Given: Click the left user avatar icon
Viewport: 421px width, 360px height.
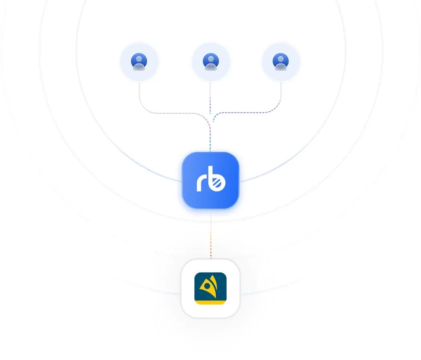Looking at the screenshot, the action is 139,61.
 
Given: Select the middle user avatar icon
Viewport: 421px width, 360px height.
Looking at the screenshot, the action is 211,61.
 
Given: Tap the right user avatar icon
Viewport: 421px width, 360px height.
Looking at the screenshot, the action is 280,61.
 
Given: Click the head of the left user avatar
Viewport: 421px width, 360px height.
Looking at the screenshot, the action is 139,59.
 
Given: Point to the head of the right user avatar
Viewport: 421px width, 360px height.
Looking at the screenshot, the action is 280,59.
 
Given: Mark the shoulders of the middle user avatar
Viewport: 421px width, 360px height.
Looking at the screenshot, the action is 211,67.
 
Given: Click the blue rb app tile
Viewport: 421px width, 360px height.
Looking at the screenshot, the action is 210,180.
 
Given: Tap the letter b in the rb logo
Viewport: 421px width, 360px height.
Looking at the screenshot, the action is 217,179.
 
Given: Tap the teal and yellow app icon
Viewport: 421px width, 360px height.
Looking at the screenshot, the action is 210,288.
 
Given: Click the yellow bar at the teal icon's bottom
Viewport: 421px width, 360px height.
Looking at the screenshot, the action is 210,303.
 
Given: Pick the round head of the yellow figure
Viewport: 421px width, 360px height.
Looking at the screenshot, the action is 207,286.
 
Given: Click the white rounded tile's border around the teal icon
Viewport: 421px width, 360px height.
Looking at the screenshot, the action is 182,288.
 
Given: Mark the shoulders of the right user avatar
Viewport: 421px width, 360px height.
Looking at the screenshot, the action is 280,67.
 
